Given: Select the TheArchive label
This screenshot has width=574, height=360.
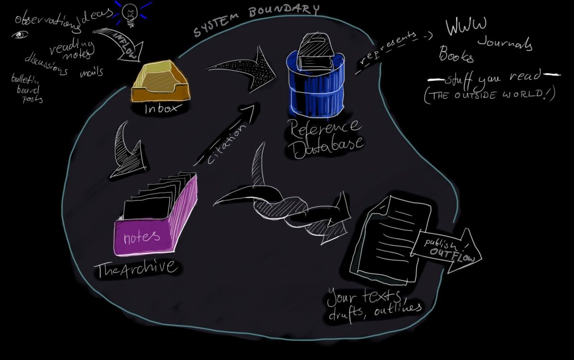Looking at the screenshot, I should click(x=135, y=268).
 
